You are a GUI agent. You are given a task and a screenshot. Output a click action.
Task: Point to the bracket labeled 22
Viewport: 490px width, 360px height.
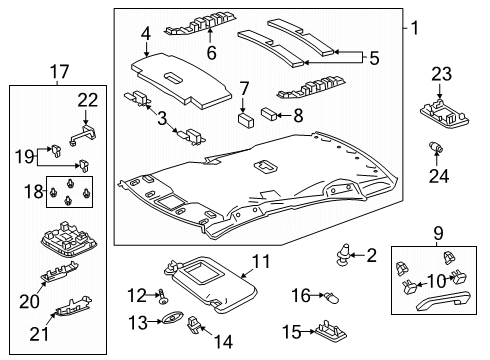pyautogui.click(x=85, y=129)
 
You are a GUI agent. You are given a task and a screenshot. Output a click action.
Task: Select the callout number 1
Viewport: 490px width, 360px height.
pyautogui.click(x=413, y=27)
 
